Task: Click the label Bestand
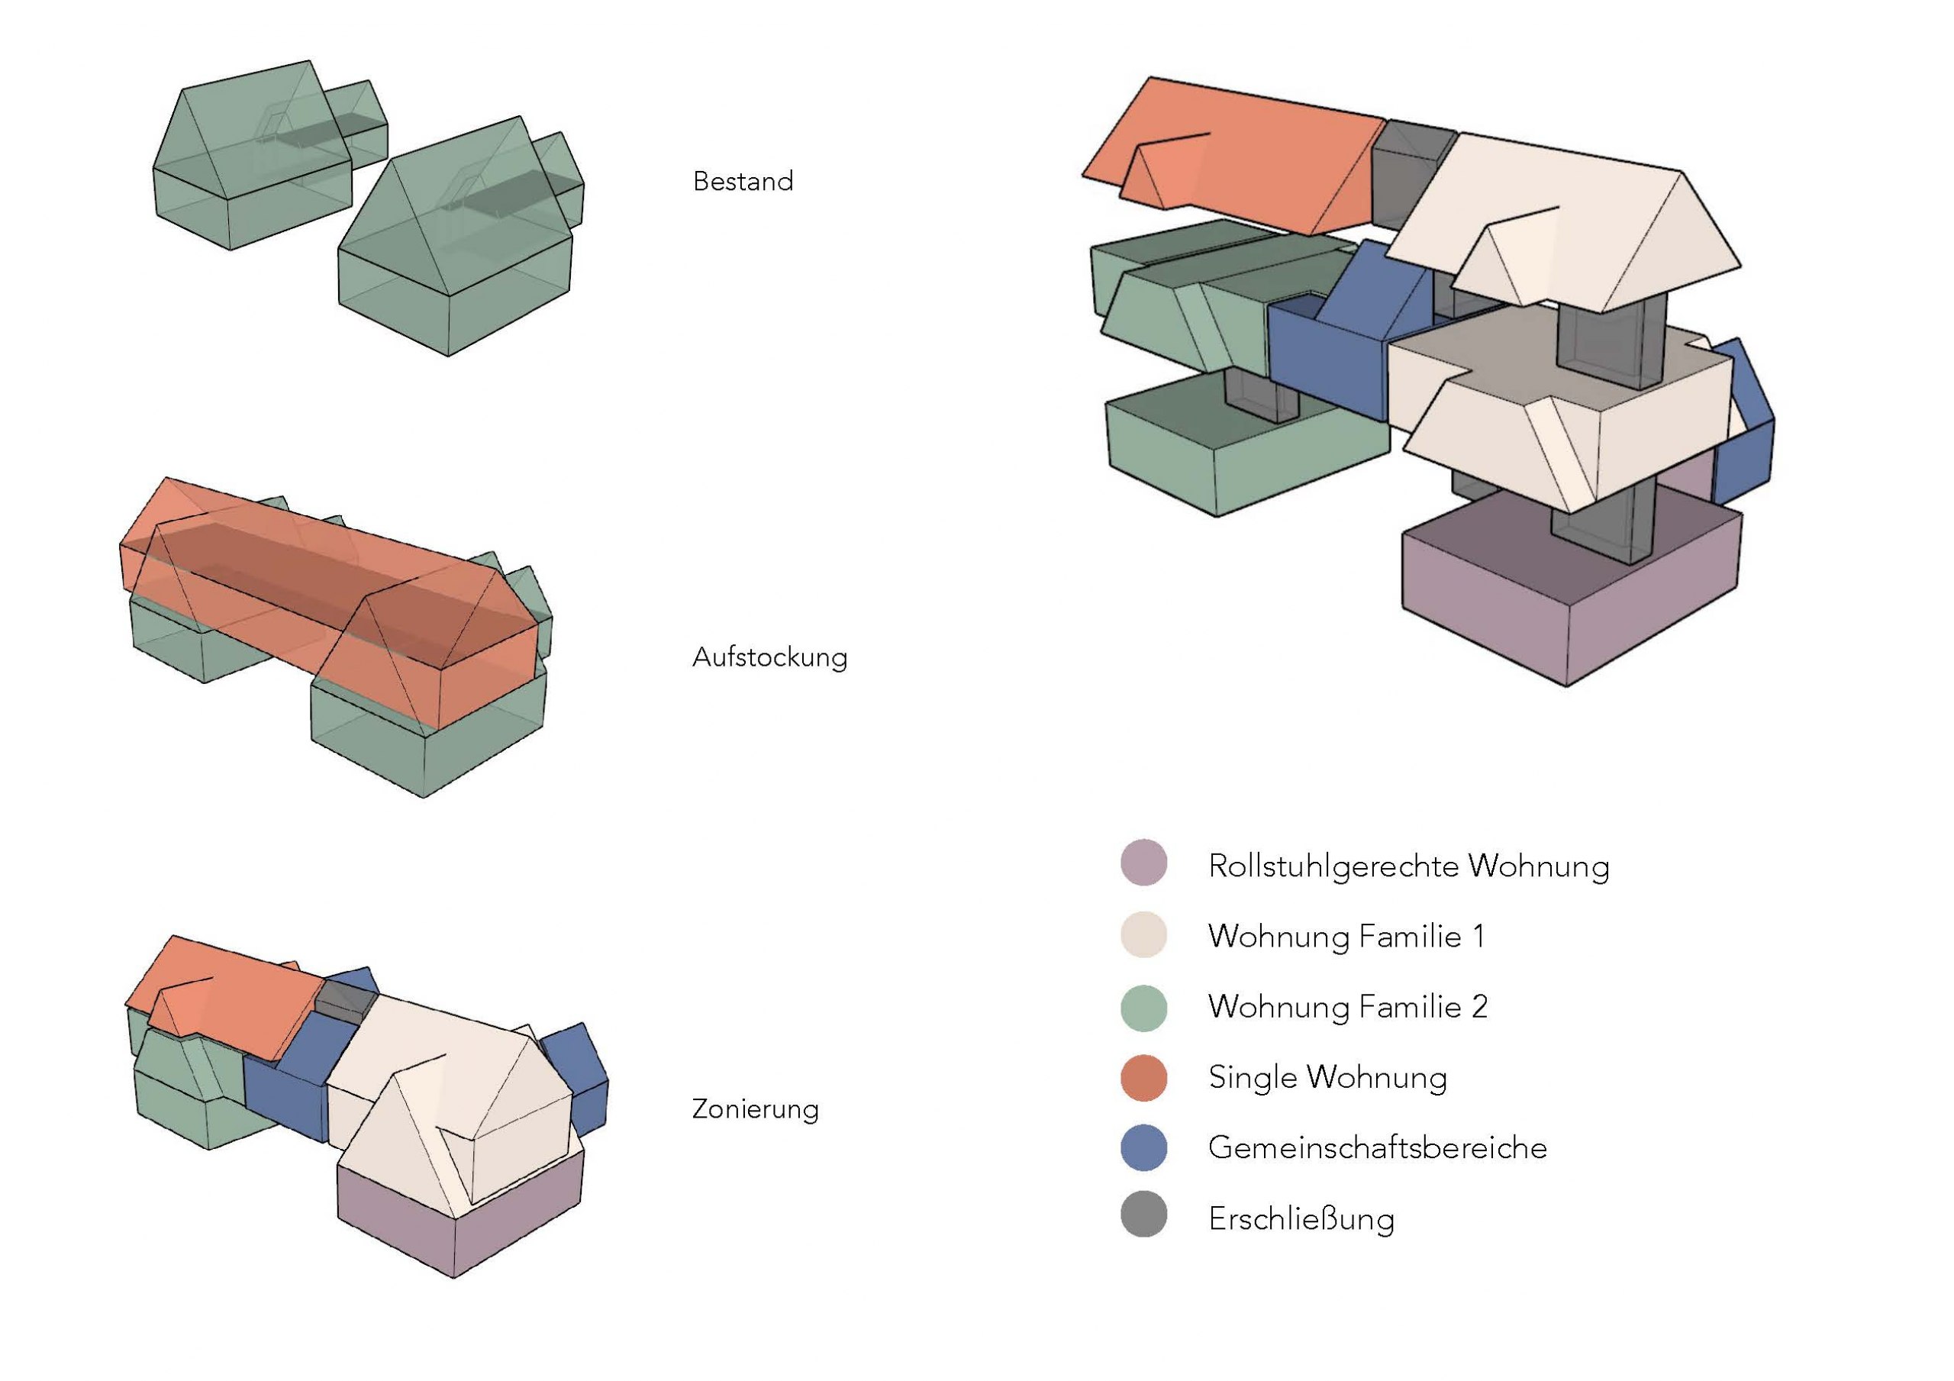(x=743, y=182)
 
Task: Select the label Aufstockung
(x=769, y=657)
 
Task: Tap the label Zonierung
(x=755, y=1108)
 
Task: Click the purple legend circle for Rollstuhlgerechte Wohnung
(x=1144, y=863)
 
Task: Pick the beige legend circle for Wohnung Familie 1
(x=1144, y=935)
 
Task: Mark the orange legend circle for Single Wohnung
(x=1144, y=1078)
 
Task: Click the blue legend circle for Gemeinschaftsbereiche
(x=1144, y=1147)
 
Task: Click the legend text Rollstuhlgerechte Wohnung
(x=1408, y=866)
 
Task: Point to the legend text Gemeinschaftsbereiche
(x=1377, y=1147)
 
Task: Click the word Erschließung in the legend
(x=1301, y=1219)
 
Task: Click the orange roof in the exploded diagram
(x=1243, y=157)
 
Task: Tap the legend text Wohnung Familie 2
(x=1347, y=1007)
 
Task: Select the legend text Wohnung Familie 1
(x=1346, y=937)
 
